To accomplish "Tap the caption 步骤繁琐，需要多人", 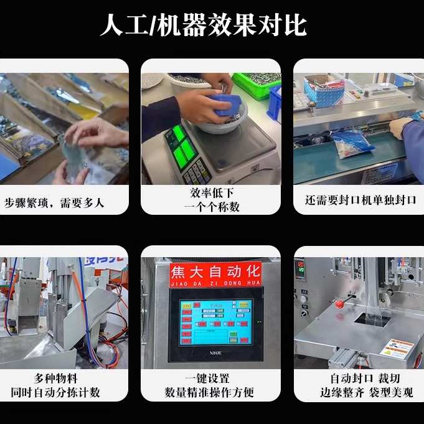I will pyautogui.click(x=54, y=202).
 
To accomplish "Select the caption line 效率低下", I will pyautogui.click(x=212, y=194).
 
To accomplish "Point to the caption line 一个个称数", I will pyautogui.click(x=212, y=207).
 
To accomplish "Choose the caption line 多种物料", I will pyautogui.click(x=55, y=378).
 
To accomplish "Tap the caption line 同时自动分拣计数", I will pyautogui.click(x=55, y=392).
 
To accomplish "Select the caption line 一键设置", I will pyautogui.click(x=212, y=378).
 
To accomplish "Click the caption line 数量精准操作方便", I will pyautogui.click(x=212, y=392).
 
